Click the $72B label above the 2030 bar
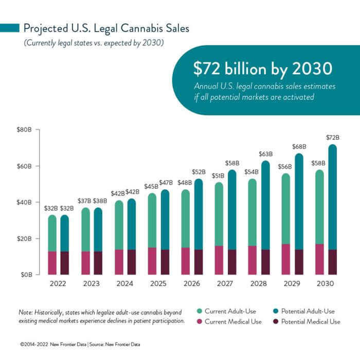333,137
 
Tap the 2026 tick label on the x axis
192,284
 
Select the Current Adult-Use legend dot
199,311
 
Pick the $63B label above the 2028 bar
265,154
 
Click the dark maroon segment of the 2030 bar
333,262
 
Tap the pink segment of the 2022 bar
52,263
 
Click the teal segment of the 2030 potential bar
333,195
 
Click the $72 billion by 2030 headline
262,69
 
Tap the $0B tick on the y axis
26,275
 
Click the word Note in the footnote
26,312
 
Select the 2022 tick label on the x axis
58,284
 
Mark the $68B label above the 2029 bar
299,146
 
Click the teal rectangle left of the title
10,28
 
